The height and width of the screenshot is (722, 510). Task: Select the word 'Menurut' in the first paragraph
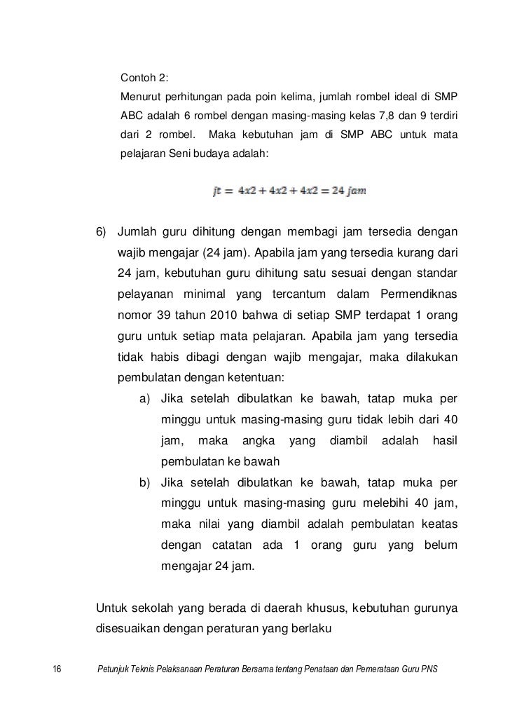(141, 95)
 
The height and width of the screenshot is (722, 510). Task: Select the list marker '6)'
(103, 232)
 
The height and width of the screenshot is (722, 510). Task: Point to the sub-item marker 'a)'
(146, 399)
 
